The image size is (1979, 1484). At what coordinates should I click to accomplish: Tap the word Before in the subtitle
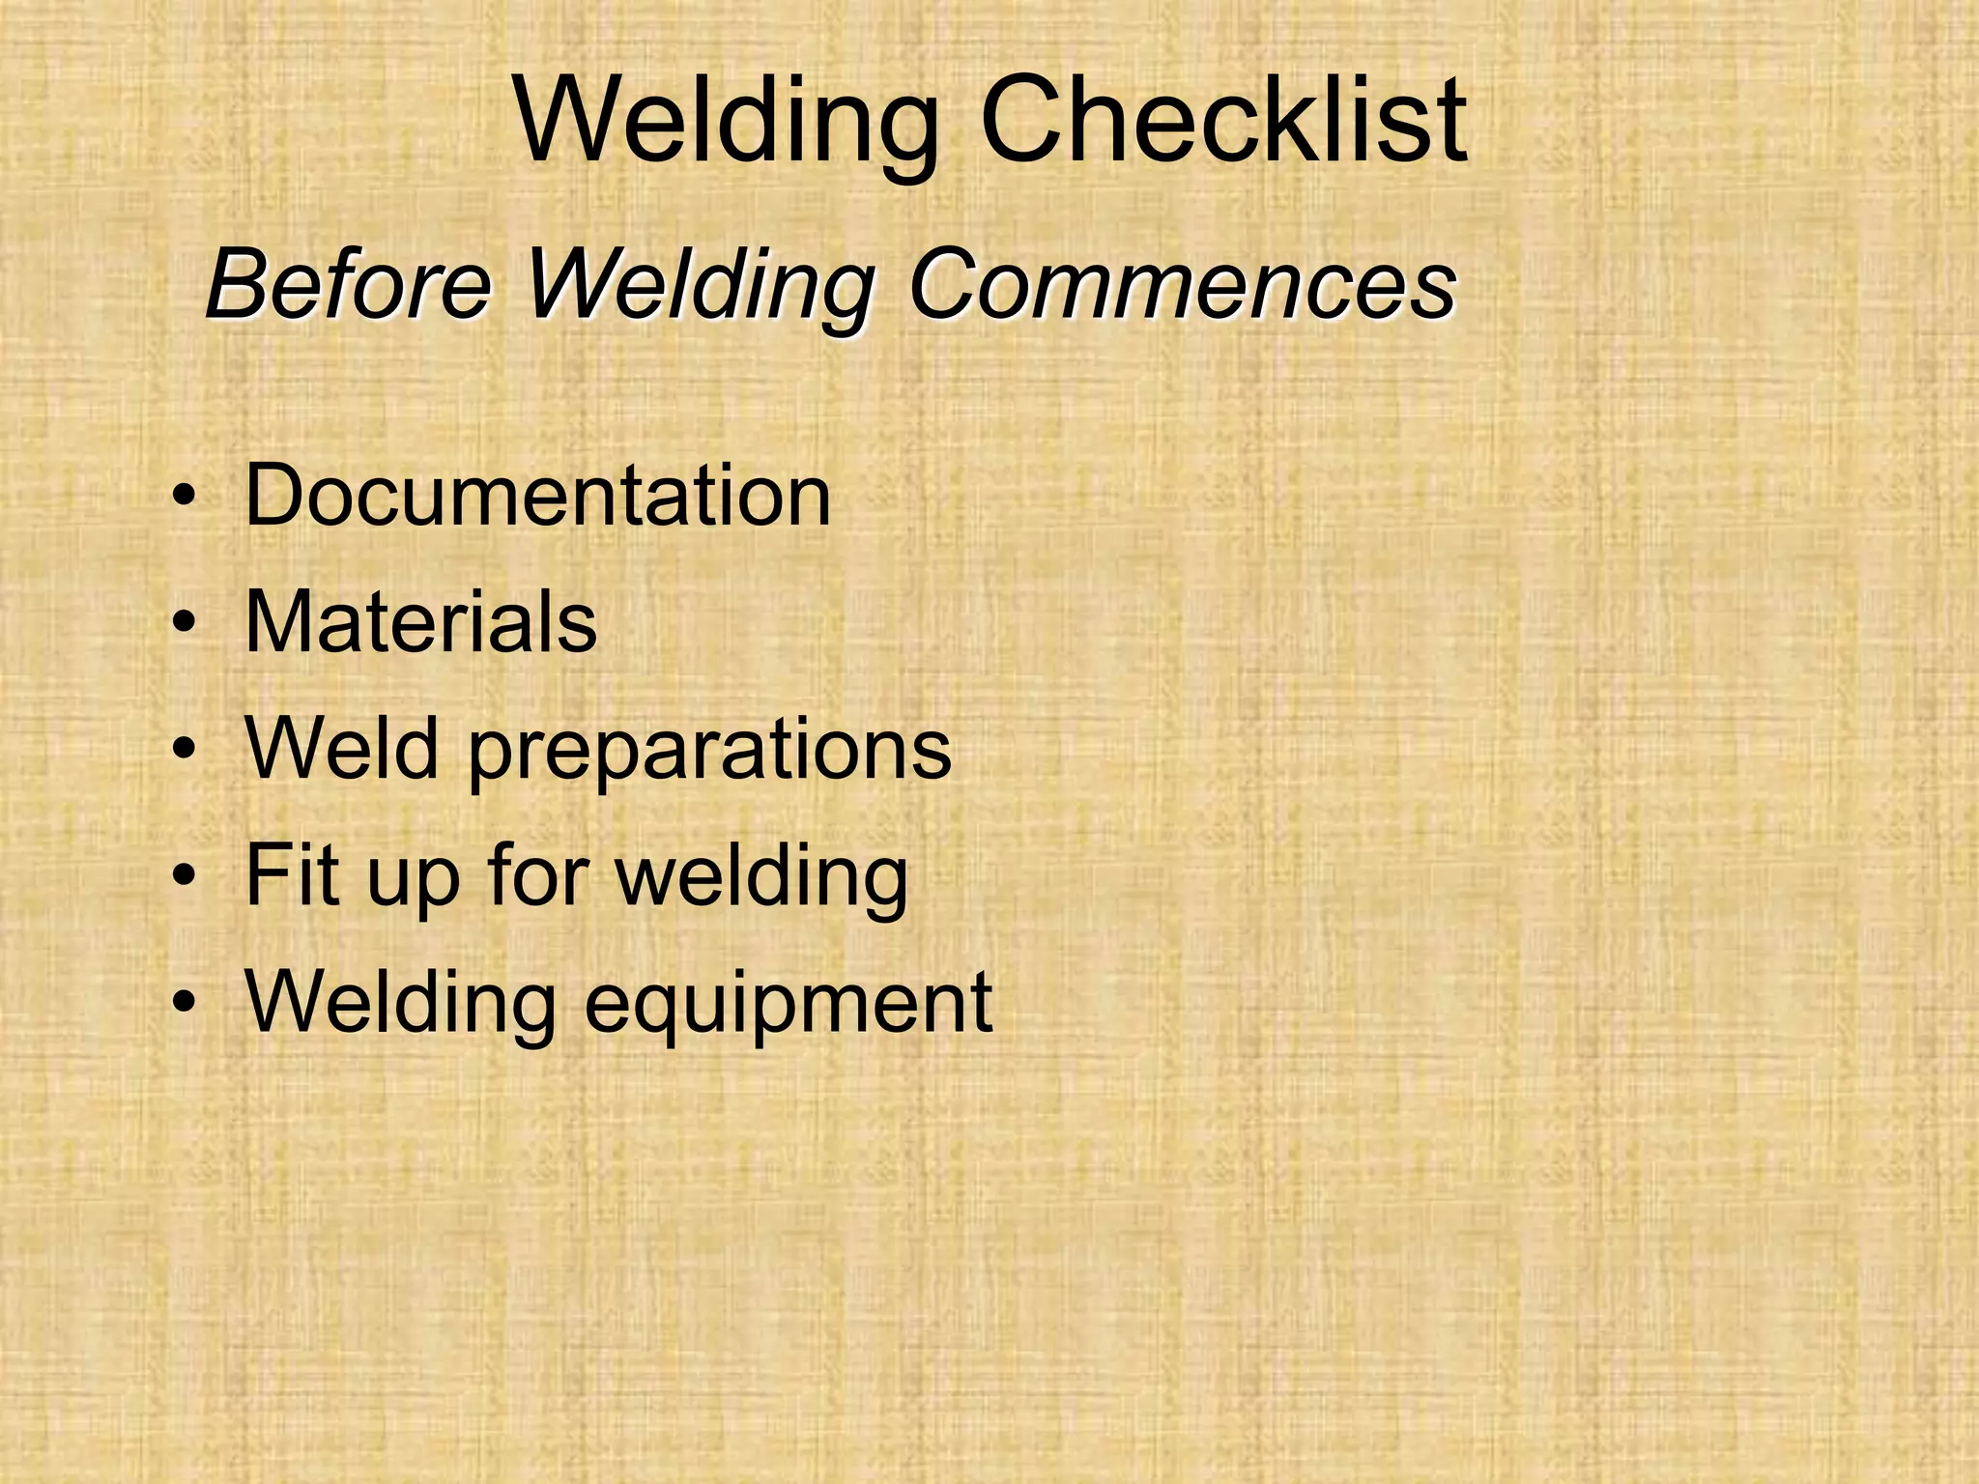349,284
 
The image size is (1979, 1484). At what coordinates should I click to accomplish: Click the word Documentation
537,495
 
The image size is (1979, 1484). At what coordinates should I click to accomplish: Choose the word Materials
421,621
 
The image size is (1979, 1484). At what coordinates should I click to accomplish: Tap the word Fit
295,874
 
